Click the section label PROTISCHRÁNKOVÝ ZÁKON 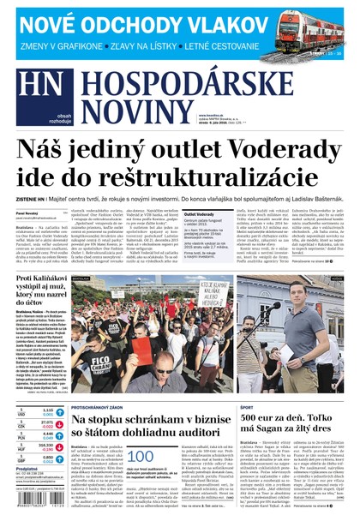point(99,407)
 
